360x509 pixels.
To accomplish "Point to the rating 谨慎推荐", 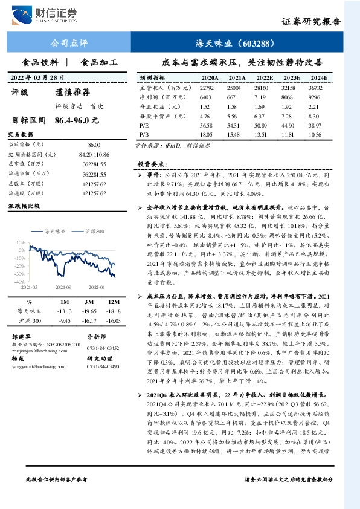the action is [x=73, y=92].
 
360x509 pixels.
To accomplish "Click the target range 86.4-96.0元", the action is [x=76, y=120].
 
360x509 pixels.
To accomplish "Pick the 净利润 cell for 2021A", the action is [x=236, y=97].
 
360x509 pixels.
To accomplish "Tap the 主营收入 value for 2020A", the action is [x=209, y=88].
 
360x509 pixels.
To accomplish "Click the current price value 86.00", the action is [x=94, y=146].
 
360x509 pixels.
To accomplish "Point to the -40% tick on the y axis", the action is [x=21, y=281].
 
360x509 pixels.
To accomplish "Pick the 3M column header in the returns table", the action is [x=89, y=301].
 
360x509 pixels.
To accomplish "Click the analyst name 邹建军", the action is [x=22, y=336].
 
